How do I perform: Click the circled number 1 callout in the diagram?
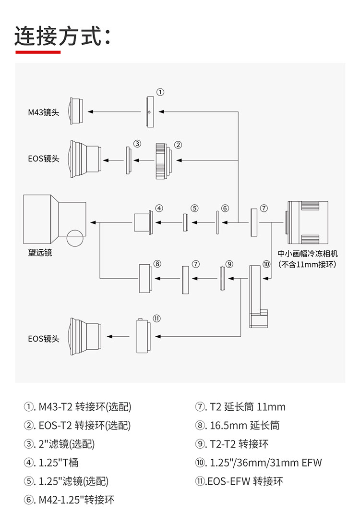coord(160,92)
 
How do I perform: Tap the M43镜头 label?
coord(43,112)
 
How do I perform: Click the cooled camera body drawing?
coord(307,222)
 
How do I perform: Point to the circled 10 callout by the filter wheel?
coord(266,264)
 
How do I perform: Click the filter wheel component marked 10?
coord(258,296)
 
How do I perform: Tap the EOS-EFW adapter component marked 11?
coord(143,336)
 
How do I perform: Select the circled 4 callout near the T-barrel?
coord(159,208)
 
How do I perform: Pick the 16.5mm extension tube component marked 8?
coord(145,278)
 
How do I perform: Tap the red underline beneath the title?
coord(38,52)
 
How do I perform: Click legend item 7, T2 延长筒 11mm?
coord(240,407)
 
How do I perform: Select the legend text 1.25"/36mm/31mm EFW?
coord(265,463)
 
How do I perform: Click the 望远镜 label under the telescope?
coord(40,253)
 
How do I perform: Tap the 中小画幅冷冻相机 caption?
coord(307,254)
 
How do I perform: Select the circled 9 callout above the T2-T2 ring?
coord(229,264)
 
